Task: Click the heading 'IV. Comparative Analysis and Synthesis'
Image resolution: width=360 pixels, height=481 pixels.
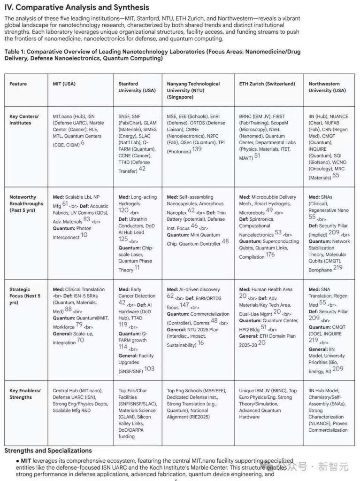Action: point(77,8)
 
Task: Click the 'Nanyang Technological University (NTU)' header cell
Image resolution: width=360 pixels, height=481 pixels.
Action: point(193,90)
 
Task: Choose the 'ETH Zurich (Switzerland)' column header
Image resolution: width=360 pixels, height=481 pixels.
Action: point(267,84)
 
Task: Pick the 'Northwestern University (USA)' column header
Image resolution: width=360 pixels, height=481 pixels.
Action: point(327,87)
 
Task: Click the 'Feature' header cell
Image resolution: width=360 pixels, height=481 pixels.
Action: point(18,84)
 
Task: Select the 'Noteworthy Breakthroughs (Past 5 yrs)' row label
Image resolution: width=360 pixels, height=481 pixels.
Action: point(26,203)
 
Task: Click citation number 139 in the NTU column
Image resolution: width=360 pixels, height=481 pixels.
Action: point(197,149)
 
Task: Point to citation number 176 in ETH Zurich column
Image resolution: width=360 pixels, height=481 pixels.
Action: point(270,255)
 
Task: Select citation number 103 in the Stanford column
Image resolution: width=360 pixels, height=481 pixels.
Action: point(149,369)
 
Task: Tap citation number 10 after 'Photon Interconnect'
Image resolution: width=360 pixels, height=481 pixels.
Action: point(84,235)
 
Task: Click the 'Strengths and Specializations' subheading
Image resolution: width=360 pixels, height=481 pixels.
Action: point(48,450)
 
